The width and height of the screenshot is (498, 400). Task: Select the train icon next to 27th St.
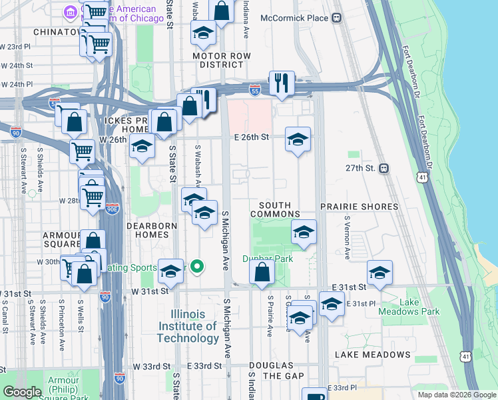tap(384, 169)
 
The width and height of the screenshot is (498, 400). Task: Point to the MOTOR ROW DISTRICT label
tap(218, 60)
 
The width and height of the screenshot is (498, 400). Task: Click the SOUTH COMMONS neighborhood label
tap(275, 210)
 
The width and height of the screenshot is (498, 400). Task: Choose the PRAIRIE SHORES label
tap(360, 207)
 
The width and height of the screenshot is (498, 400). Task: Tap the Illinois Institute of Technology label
tap(188, 326)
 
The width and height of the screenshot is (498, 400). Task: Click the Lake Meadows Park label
tap(400, 307)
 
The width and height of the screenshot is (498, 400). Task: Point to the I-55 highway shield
tap(254, 88)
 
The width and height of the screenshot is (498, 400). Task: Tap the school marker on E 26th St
tap(298, 139)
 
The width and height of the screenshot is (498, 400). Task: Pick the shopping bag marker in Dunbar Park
tap(262, 271)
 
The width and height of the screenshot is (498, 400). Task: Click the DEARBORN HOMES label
tap(152, 231)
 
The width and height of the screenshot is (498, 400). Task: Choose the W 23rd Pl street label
tap(16, 47)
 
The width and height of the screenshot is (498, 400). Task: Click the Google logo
tap(22, 392)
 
